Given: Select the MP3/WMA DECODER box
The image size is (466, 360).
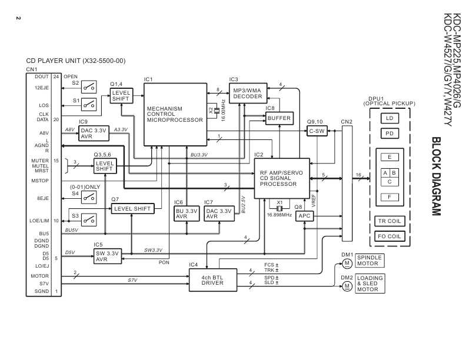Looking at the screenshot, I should click(247, 94).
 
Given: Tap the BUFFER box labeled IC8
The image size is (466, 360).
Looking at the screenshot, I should click(278, 118).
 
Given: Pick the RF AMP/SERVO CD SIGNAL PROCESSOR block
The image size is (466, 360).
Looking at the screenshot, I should click(282, 178).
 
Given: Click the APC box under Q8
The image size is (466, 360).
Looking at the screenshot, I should click(304, 216).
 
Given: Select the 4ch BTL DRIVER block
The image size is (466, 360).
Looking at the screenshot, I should click(213, 281).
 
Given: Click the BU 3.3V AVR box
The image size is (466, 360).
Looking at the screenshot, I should click(187, 214).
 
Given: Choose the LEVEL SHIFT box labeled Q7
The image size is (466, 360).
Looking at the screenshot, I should click(132, 208).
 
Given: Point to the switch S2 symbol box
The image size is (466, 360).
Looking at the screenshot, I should click(89, 87).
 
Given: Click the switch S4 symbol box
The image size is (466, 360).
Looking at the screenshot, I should click(89, 197).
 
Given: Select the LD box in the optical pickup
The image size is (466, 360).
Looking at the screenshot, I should click(388, 118).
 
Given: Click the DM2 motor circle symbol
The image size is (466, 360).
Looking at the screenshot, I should click(347, 286).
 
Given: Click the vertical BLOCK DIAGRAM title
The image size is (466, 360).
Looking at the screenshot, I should click(435, 176).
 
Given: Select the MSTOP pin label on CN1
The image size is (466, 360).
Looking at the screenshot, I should click(40, 181).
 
